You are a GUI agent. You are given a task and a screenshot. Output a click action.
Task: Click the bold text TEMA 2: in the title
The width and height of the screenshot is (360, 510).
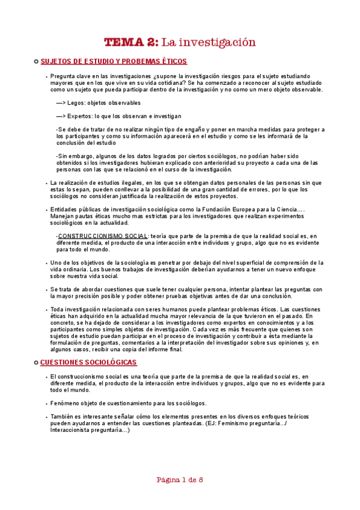coord(131,43)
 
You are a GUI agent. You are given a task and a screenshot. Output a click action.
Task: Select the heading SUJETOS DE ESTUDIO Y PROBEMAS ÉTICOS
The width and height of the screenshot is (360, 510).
coord(113,61)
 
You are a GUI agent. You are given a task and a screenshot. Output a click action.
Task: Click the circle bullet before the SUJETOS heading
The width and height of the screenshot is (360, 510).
coord(36,61)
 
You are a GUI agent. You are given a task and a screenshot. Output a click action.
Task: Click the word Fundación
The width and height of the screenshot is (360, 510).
coord(206,209)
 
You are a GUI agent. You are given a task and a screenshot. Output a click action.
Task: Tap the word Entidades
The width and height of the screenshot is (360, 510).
coord(67,209)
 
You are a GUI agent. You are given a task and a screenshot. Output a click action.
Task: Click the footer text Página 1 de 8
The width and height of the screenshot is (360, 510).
coord(180,480)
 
